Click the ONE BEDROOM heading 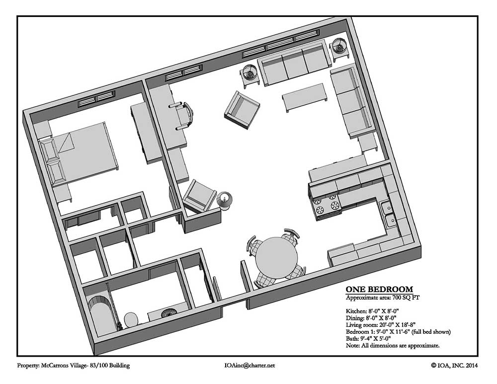pos(379,289)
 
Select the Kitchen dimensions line pos(372,311)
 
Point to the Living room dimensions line pos(380,325)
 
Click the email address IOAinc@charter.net pos(249,365)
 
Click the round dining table pos(276,257)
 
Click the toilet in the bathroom pos(131,319)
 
